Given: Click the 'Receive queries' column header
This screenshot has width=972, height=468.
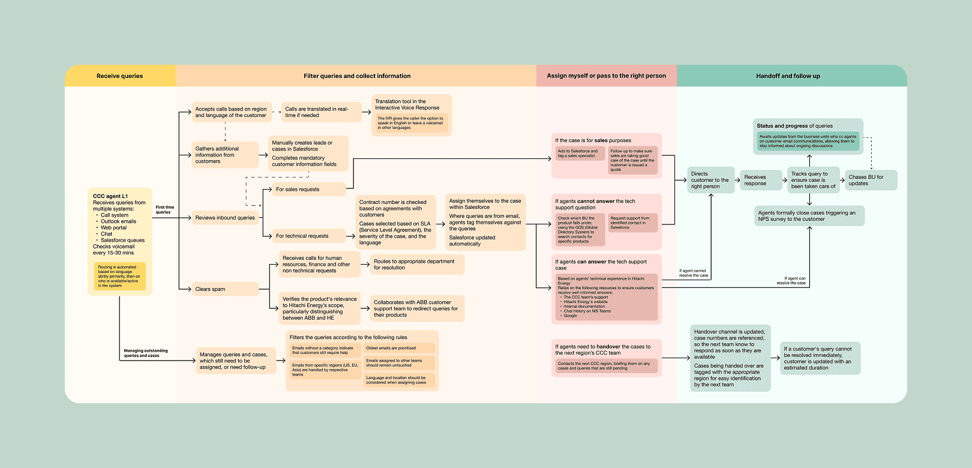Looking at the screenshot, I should click(120, 76).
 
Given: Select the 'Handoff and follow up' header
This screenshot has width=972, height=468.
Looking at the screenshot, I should click(788, 76).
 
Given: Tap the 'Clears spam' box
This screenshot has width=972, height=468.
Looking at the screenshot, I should click(224, 289).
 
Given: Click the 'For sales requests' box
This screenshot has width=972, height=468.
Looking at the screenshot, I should click(308, 189).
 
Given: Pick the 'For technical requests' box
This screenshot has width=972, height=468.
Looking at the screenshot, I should click(308, 236).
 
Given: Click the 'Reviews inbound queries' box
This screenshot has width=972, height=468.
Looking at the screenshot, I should click(225, 218).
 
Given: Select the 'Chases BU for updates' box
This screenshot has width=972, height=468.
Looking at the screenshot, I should click(871, 180).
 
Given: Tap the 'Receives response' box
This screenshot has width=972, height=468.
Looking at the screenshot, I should click(760, 180).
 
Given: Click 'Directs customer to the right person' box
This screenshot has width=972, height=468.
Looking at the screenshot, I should click(710, 180).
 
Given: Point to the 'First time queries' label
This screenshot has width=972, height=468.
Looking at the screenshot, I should click(164, 209).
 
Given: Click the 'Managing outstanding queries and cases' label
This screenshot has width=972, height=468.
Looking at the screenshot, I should click(145, 353).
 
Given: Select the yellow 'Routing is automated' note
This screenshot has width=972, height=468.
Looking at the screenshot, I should click(119, 276).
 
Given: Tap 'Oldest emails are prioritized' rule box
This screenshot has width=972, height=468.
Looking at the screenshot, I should click(399, 348).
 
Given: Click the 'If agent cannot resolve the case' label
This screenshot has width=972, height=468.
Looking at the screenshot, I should click(694, 273).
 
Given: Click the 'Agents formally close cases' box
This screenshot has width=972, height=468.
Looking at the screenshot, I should click(809, 216).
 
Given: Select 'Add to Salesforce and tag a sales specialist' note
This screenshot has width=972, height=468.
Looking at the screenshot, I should click(579, 154).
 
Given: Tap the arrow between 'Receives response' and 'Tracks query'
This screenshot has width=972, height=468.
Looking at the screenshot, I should click(784, 180).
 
